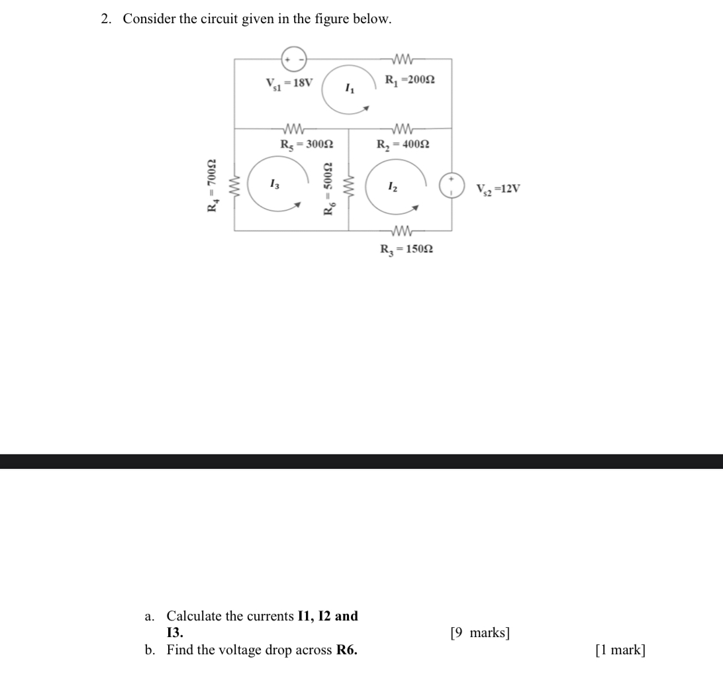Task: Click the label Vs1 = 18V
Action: pos(289,83)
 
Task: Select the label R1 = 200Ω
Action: pos(410,80)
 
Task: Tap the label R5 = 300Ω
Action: pos(306,144)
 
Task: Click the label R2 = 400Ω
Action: pos(403,144)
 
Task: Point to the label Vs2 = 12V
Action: pos(498,189)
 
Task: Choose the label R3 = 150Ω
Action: pos(407,250)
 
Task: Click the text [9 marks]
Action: pos(479,633)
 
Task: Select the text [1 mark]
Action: pos(620,650)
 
